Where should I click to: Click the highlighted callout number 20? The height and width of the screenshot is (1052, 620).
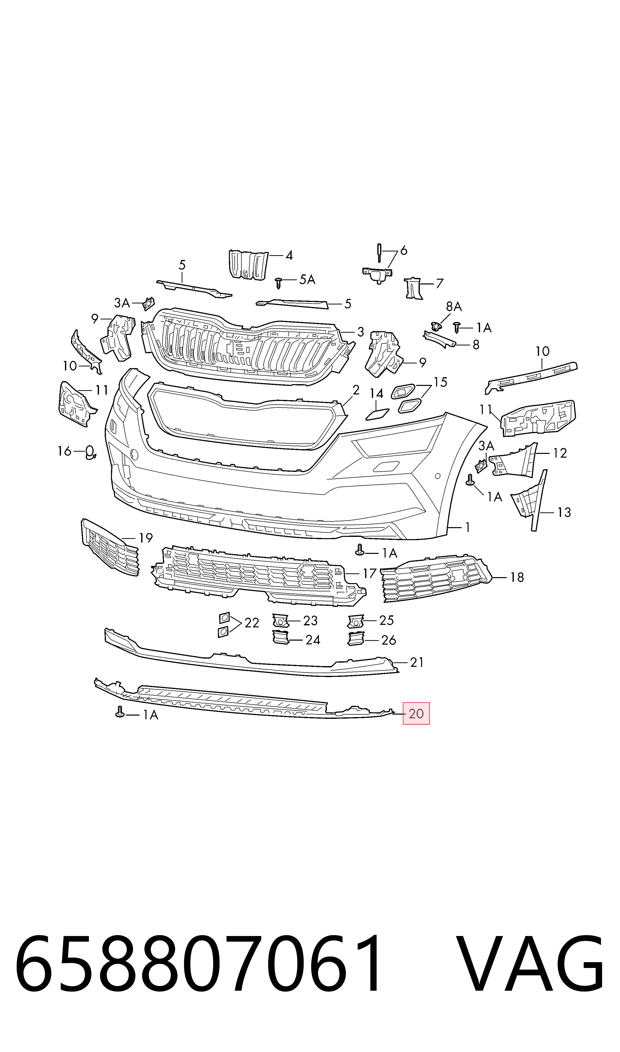tap(416, 714)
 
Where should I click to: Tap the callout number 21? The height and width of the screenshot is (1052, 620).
tap(417, 662)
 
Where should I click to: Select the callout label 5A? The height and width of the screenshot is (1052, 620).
tap(307, 279)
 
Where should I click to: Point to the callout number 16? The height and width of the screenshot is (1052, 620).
tap(64, 451)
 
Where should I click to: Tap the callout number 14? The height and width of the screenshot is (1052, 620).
tap(376, 394)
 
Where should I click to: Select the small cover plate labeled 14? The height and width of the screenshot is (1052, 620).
tap(377, 414)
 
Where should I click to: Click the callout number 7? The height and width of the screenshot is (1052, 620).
tap(439, 284)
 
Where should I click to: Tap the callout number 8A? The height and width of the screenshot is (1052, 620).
tap(454, 307)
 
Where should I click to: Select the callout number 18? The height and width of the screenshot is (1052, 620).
tap(517, 577)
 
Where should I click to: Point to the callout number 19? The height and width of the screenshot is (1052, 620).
tap(145, 538)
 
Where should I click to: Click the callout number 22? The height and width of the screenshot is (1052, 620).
tap(252, 623)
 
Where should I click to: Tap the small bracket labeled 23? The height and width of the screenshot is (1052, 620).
tap(280, 620)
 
